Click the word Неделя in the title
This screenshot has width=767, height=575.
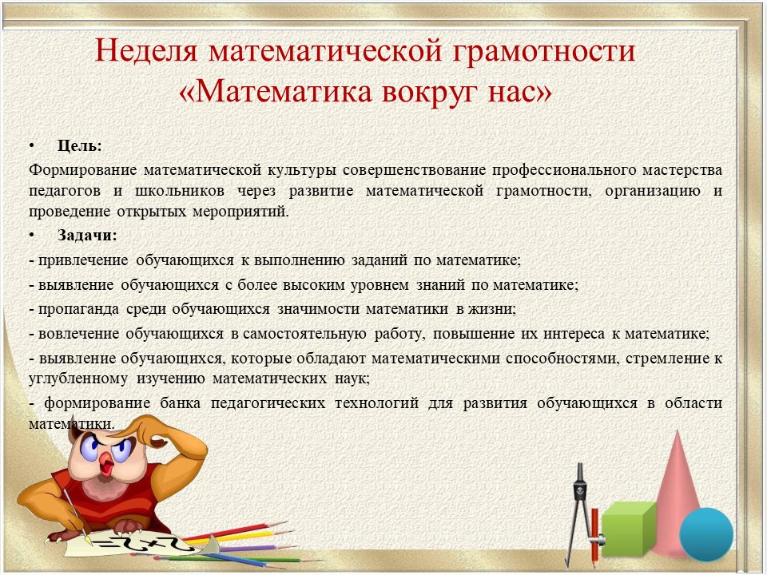[x=146, y=50]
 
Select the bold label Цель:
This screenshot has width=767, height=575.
[x=80, y=145]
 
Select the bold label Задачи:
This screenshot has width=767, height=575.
[x=88, y=235]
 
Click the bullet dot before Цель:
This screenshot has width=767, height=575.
[x=32, y=145]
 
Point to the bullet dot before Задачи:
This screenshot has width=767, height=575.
[x=32, y=235]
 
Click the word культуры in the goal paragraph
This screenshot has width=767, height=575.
[x=302, y=170]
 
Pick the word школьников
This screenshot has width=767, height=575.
[x=180, y=191]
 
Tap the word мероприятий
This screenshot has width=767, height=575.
[x=240, y=212]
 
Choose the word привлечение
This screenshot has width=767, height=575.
[x=83, y=260]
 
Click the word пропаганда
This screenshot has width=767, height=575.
[x=78, y=309]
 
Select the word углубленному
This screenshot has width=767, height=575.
[x=78, y=379]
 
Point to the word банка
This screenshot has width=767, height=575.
[x=181, y=402]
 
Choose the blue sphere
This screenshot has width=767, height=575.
[x=706, y=534]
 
